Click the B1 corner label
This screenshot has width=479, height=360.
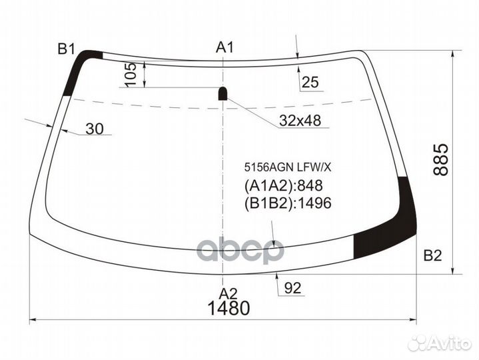(x=66, y=48)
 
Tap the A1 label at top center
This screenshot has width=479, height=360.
(x=225, y=47)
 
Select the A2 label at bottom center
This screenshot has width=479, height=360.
(x=229, y=293)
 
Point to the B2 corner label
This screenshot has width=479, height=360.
(x=432, y=255)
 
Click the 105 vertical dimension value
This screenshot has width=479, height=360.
(x=131, y=74)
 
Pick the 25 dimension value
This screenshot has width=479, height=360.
(x=310, y=83)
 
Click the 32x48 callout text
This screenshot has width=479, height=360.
(x=300, y=121)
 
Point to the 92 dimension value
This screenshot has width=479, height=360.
(x=292, y=288)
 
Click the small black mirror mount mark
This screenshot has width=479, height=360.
(x=223, y=93)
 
